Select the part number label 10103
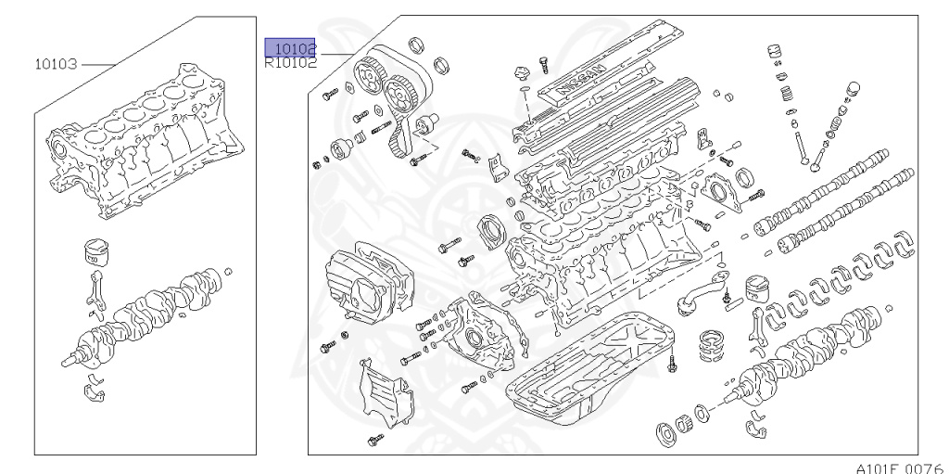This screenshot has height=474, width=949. [x=57, y=64]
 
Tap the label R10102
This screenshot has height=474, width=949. [x=290, y=64]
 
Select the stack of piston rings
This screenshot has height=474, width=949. [x=714, y=342]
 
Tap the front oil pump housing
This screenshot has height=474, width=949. [x=474, y=329]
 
